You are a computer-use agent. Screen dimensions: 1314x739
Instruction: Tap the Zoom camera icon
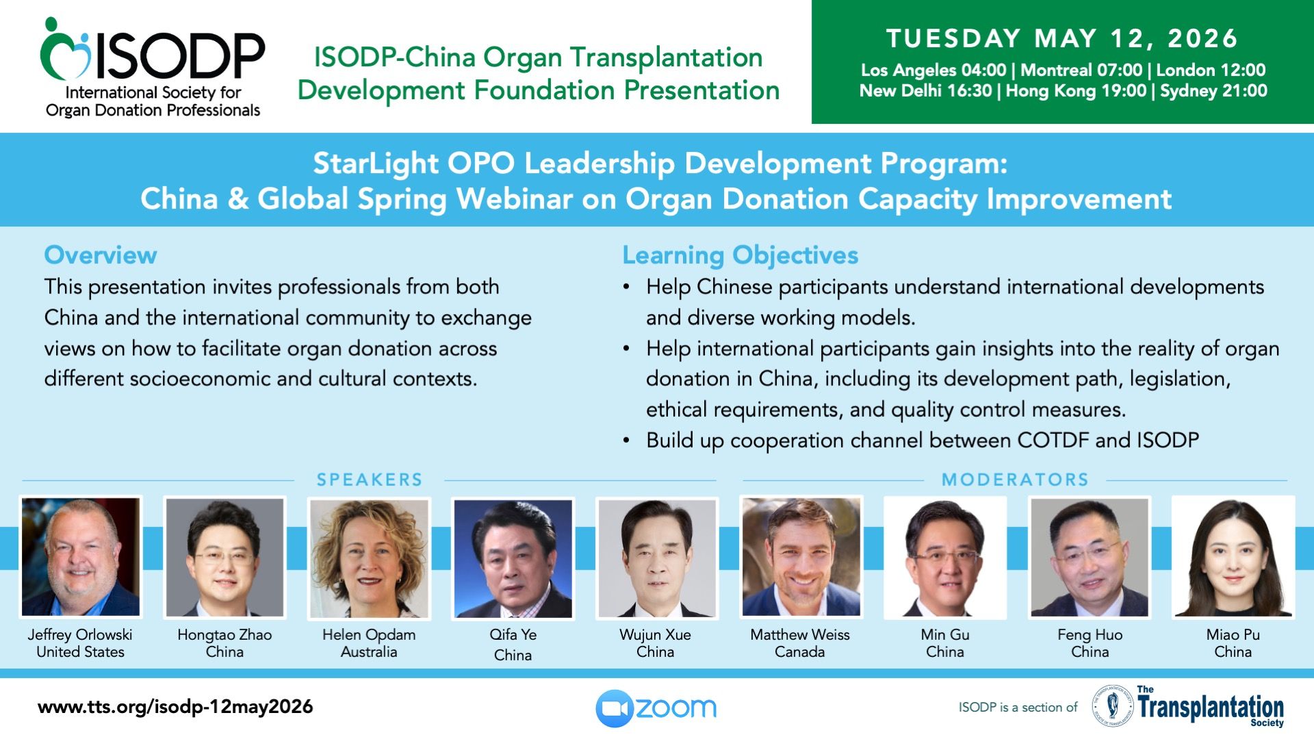[x=614, y=708]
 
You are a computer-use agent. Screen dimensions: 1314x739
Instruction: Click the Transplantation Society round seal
[x=1112, y=705]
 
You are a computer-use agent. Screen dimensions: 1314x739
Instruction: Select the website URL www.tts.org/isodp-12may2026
[x=175, y=707]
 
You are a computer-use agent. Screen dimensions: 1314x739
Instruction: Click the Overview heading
[x=101, y=255]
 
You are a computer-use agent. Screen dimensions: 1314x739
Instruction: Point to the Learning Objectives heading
[x=740, y=255]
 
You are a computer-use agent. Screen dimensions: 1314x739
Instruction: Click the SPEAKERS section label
[x=370, y=480]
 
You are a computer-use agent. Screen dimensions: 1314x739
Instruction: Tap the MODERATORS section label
[x=1015, y=480]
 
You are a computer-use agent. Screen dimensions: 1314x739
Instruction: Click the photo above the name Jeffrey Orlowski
[x=81, y=557]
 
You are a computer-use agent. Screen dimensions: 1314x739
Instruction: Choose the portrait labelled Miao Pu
[x=1233, y=557]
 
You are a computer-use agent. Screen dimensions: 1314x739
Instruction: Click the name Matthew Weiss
[x=800, y=635]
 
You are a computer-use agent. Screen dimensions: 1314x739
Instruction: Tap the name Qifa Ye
[x=513, y=635]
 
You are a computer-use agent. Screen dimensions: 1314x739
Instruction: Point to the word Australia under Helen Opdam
[x=369, y=652]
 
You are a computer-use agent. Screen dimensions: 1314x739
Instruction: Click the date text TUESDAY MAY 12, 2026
[x=1062, y=38]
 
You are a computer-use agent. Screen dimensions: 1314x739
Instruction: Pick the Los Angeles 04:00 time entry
[x=933, y=70]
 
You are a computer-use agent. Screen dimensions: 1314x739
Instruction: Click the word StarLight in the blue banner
[x=376, y=164]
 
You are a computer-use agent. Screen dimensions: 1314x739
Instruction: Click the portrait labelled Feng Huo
[x=1090, y=557]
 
